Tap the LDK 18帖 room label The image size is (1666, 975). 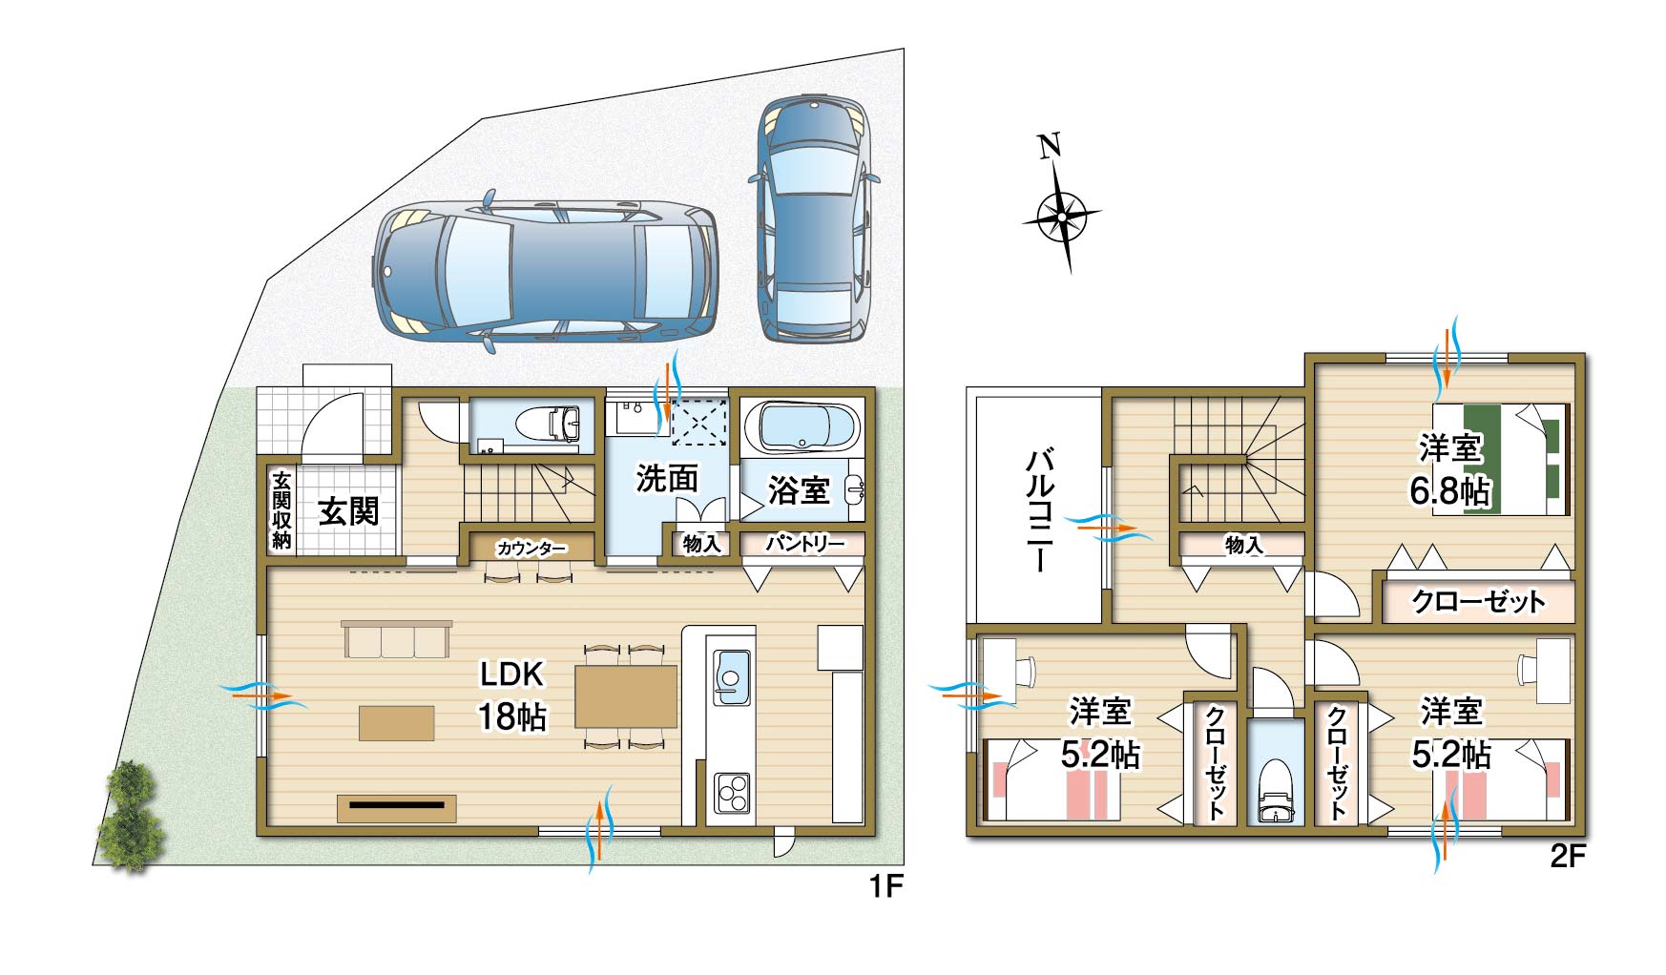coord(512,695)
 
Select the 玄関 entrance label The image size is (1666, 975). coord(348,511)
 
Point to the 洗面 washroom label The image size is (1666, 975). coord(667,479)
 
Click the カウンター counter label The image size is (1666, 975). coord(531,549)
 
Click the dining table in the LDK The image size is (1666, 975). coord(626,696)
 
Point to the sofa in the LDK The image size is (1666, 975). coord(396,638)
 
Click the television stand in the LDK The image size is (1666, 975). coord(396,807)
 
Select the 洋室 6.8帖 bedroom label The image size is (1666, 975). coord(1449,470)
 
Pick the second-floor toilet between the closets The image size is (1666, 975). coord(1275,791)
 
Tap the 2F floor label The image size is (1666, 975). coord(1567,857)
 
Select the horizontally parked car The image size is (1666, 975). coord(545,271)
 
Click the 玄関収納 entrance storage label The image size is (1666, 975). coord(281,510)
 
